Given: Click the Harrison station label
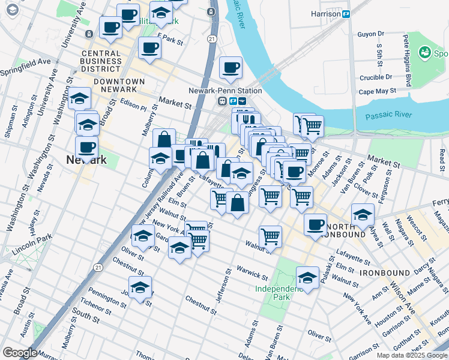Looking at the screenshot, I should click(x=326, y=13).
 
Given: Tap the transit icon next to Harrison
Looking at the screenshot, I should click(x=346, y=14).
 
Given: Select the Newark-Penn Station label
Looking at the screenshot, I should click(x=233, y=91).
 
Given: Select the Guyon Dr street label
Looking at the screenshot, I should click(x=370, y=34).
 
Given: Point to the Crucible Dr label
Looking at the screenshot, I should click(x=376, y=77).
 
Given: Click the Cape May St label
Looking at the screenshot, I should click(x=378, y=91).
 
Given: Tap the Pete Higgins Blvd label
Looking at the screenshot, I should click(x=407, y=60).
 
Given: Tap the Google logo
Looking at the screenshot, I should click(x=20, y=353).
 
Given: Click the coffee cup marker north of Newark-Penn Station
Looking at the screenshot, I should click(x=231, y=69).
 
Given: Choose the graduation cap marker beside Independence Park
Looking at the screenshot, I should click(x=307, y=278).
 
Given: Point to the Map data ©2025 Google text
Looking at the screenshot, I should click(x=412, y=355).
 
